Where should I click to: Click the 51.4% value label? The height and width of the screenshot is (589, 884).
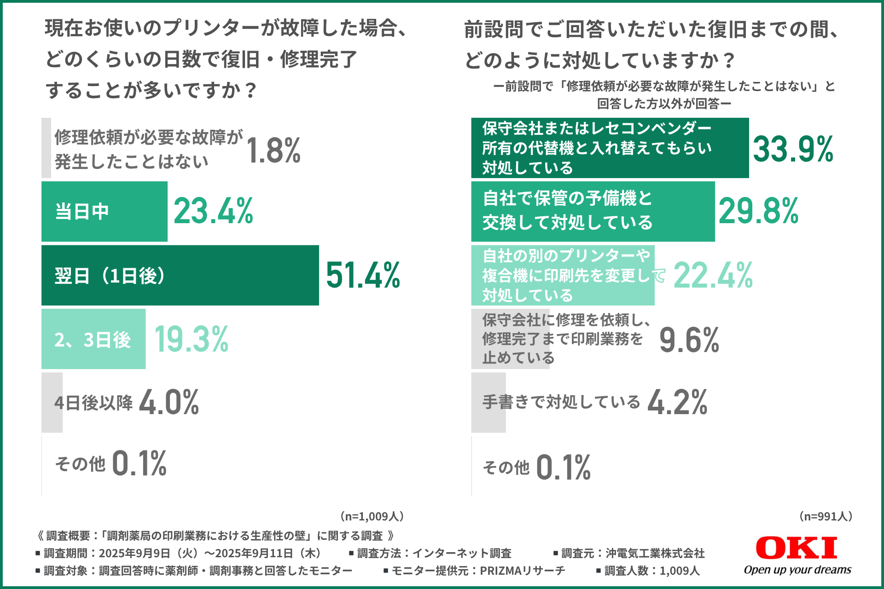tap(363, 275)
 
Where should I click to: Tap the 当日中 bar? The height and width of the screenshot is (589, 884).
tap(105, 212)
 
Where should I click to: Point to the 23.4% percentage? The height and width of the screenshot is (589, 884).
tap(213, 211)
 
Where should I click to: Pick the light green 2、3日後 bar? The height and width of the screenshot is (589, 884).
tap(93, 339)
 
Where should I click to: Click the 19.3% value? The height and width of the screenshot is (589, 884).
tap(191, 339)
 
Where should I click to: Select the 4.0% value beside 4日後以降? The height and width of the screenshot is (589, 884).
tap(169, 402)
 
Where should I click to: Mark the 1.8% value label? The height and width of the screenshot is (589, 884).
tap(273, 150)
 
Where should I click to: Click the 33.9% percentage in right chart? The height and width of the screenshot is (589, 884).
tap(793, 149)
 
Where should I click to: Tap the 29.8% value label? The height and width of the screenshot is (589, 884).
tap(758, 211)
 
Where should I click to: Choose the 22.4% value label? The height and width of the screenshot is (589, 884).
tap(713, 275)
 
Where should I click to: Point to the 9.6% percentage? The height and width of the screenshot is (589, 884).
tap(689, 340)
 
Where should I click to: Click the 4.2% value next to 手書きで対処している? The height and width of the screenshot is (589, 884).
tap(677, 402)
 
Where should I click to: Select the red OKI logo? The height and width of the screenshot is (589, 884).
tap(796, 548)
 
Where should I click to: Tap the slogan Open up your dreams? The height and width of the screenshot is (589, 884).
tap(797, 570)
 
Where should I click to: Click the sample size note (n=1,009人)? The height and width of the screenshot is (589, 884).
tap(372, 516)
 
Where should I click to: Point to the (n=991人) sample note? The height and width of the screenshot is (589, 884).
tap(826, 516)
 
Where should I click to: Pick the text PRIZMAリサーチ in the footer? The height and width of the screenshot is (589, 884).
tap(522, 571)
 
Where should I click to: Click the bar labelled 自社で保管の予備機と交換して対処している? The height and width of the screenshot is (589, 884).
tap(593, 212)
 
